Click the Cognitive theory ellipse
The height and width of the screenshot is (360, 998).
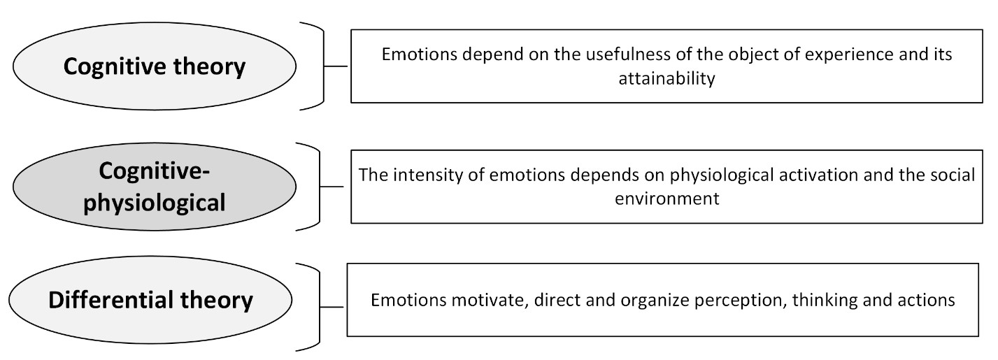coord(154,66)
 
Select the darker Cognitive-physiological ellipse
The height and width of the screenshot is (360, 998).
coord(154,187)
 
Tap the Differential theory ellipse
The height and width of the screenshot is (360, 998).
coord(150,300)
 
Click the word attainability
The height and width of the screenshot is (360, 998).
coord(666,79)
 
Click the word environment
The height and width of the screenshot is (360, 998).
coord(667,199)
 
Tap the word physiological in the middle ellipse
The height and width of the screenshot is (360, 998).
coord(154,203)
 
